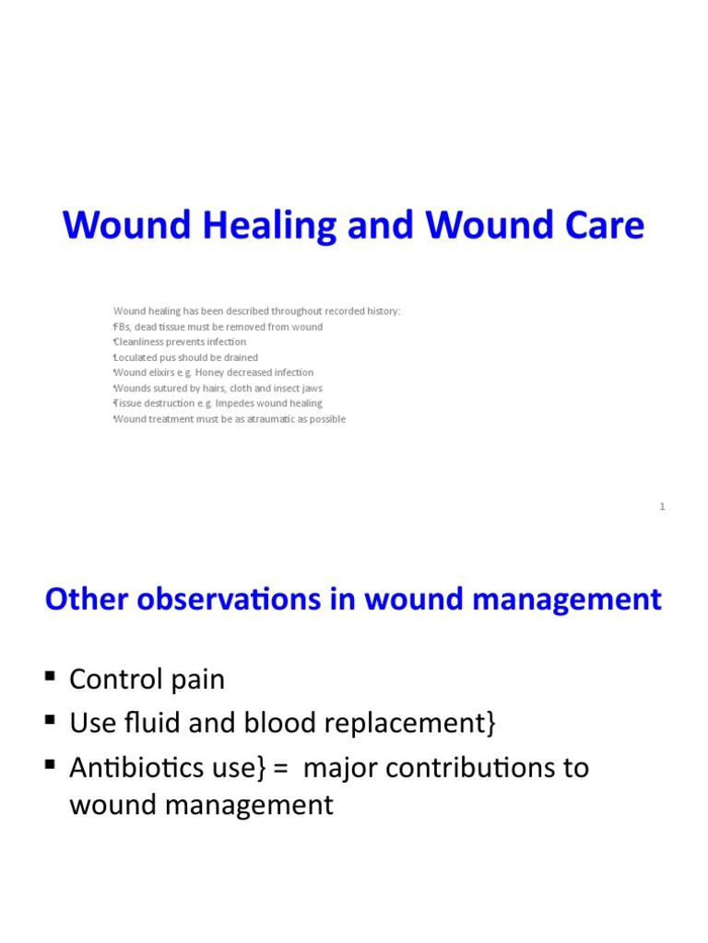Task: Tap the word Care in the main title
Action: [602, 226]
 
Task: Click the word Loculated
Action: [136, 357]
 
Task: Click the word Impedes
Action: [235, 403]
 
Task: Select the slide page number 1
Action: [662, 506]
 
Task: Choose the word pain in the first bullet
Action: [193, 681]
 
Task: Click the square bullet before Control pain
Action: [50, 678]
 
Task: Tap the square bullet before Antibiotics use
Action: [50, 764]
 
